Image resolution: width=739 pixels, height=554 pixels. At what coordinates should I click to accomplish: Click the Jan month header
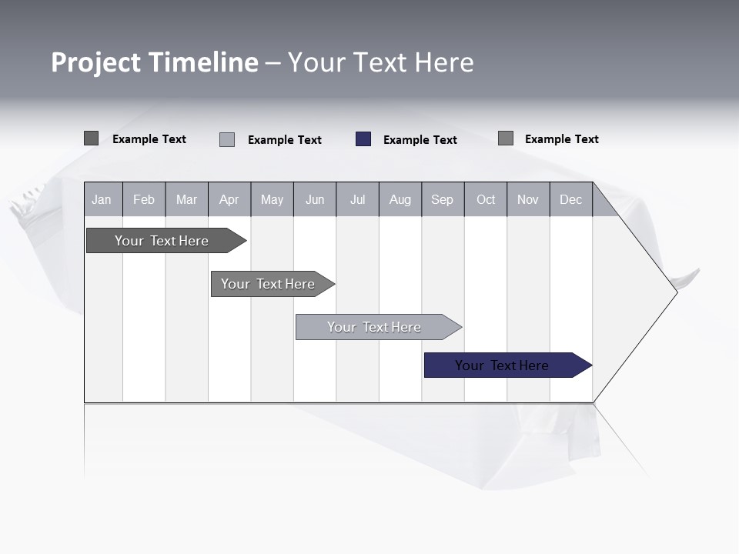[x=102, y=200]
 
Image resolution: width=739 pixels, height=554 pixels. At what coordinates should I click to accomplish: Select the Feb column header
[x=144, y=200]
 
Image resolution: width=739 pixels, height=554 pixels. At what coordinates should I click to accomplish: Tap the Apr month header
[x=229, y=200]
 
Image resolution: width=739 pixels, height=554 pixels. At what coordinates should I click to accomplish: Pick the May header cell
[x=272, y=200]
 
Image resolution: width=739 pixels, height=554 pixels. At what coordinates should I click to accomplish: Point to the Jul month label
[x=357, y=200]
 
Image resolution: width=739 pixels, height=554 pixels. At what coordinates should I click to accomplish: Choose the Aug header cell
[x=400, y=200]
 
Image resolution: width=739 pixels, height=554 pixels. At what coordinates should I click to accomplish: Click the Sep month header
[x=442, y=200]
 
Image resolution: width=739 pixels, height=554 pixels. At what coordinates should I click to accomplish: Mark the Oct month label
[x=486, y=200]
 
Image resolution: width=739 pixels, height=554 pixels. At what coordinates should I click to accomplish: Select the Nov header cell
[x=528, y=200]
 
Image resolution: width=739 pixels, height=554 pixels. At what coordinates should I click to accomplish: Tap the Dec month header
[x=570, y=200]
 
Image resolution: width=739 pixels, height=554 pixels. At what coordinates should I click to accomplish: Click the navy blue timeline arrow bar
[x=501, y=365]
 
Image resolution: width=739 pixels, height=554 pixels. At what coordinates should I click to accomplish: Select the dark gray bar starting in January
[x=161, y=241]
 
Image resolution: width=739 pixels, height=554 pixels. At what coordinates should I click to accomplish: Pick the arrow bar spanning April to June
[x=267, y=284]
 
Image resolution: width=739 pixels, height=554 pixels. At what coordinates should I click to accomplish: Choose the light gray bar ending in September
[x=373, y=327]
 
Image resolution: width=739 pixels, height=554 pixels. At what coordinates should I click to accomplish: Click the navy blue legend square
[x=363, y=139]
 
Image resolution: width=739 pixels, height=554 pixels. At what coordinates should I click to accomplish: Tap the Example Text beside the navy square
[x=420, y=140]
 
